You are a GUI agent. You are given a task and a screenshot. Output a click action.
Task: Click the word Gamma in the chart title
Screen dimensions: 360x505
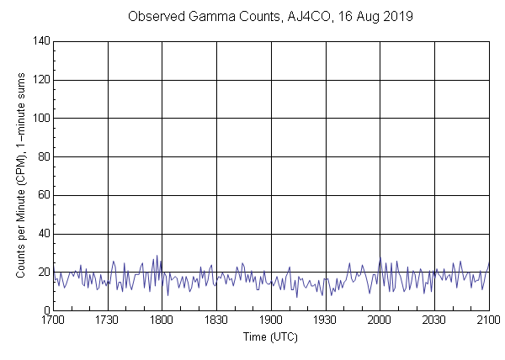pos(212,17)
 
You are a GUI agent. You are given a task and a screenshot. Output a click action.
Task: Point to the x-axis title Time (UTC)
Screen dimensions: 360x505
pos(270,337)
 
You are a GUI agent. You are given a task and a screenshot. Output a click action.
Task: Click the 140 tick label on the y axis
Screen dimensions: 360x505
pos(40,41)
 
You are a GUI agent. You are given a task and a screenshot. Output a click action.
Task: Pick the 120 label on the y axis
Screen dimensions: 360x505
pos(40,80)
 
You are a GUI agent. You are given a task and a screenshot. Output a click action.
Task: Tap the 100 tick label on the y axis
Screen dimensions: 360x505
pos(40,119)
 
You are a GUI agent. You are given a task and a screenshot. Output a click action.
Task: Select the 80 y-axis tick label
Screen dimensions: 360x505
pos(43,157)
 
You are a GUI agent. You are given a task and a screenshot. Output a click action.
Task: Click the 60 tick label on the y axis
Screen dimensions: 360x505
pos(43,196)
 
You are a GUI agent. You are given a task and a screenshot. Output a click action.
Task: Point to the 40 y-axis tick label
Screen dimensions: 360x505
pos(43,234)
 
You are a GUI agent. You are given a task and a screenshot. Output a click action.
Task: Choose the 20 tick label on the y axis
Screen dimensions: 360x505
pos(43,273)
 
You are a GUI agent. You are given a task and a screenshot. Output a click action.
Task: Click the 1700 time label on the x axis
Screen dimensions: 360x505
pos(53,320)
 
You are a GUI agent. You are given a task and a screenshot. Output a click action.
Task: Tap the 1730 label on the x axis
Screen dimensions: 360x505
pos(108,320)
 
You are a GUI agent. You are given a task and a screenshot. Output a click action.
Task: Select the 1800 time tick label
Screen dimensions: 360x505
pos(162,320)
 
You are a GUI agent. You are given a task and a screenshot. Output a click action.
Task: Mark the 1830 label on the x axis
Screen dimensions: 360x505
pos(216,320)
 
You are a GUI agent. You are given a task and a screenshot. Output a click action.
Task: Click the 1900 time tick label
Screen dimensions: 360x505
pos(271,320)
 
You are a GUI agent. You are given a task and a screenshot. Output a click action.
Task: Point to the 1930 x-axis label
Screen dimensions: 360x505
pos(326,320)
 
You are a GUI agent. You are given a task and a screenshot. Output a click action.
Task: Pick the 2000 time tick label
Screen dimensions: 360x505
pos(380,320)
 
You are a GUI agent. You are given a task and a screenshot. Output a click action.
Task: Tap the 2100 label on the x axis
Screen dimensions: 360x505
pos(488,320)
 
